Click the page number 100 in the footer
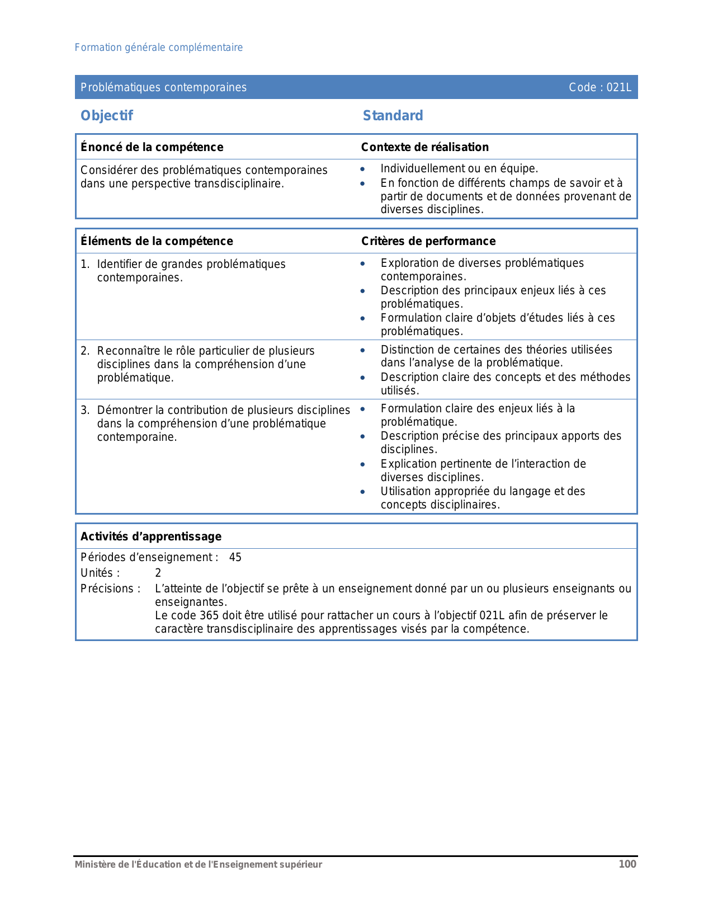[627, 864]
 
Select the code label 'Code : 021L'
[599, 87]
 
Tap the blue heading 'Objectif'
[107, 116]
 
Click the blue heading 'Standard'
[393, 116]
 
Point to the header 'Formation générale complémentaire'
[159, 48]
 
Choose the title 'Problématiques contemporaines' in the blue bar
[163, 87]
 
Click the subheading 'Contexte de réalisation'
[424, 147]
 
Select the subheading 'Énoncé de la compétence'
[152, 147]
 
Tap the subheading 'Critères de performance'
[428, 241]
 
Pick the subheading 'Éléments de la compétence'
[157, 241]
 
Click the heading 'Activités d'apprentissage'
[151, 536]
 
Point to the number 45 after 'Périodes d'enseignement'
[235, 557]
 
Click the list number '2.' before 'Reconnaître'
[85, 351]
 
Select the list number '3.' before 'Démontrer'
[85, 410]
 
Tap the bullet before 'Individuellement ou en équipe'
[363, 169]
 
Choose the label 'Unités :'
[100, 573]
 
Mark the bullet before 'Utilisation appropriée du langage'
[363, 492]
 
